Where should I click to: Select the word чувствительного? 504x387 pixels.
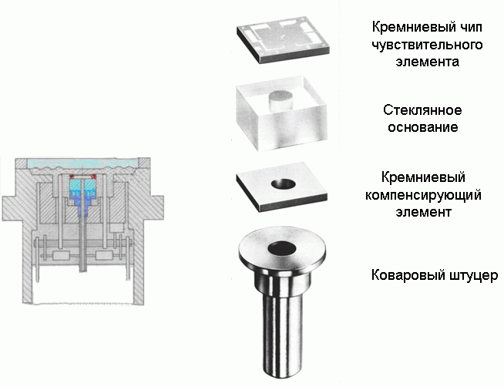[x=427, y=45]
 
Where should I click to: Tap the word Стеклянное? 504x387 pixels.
[x=422, y=110]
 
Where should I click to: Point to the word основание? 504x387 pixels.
[x=422, y=127]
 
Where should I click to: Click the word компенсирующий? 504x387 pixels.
[x=423, y=195]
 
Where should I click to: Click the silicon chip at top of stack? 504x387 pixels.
[x=284, y=39]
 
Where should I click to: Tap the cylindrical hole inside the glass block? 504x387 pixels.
[x=281, y=101]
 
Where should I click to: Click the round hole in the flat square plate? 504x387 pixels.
[x=283, y=184]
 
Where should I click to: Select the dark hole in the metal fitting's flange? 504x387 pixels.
[x=282, y=248]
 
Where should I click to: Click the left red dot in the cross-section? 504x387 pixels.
[x=72, y=176]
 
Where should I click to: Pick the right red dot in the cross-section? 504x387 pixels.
[x=94, y=176]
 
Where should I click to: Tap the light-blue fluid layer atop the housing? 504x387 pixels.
[x=83, y=163]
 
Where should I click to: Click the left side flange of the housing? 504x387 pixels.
[x=8, y=208]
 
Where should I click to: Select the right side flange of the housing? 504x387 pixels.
[x=156, y=208]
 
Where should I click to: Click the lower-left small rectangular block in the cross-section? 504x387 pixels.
[x=61, y=256]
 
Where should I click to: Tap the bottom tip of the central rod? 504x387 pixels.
[x=83, y=271]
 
